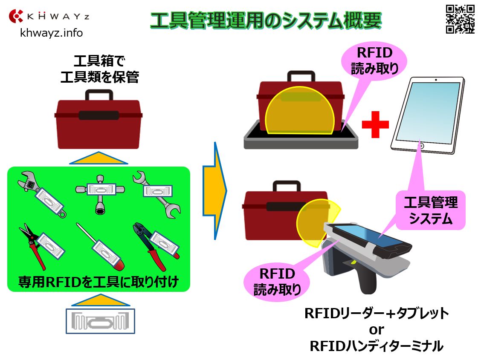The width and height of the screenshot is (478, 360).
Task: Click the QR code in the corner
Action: point(460,19)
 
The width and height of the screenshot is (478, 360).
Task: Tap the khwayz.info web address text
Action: point(52,32)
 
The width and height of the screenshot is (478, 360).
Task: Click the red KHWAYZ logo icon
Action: point(16,16)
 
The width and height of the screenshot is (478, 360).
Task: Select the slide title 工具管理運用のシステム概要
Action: point(266,20)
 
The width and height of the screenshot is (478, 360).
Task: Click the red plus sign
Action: point(375,124)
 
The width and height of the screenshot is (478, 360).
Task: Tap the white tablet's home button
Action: point(421,146)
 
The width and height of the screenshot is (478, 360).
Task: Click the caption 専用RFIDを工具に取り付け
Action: point(98,282)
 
